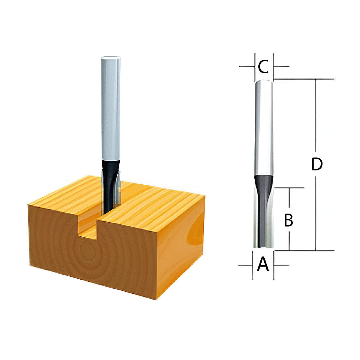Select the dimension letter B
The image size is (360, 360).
(288, 220)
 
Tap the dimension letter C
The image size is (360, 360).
(263, 67)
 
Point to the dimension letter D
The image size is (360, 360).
(316, 164)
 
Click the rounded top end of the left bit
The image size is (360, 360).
(111, 58)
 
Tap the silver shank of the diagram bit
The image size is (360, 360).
(264, 129)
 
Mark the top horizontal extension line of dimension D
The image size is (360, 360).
(303, 79)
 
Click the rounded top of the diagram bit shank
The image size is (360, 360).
(264, 81)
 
